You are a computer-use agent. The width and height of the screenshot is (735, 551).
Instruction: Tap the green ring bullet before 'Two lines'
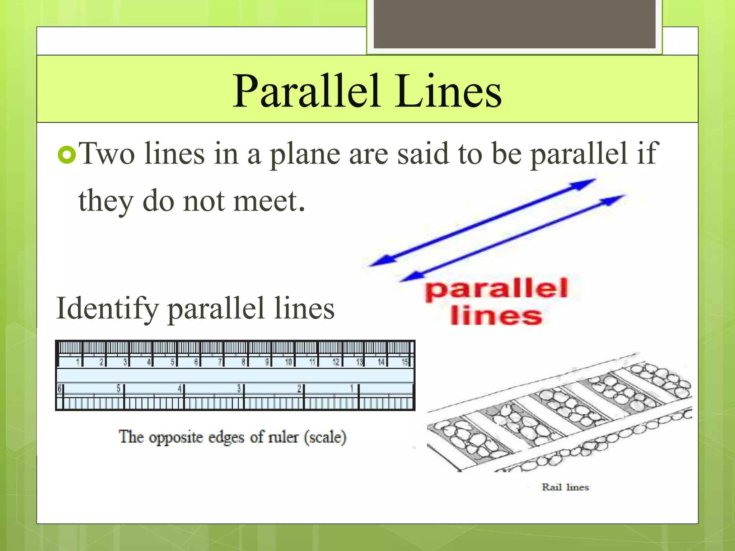click(x=67, y=155)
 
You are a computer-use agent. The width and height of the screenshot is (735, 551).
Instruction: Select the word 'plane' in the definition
click(x=305, y=155)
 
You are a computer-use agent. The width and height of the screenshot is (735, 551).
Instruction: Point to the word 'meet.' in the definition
click(x=269, y=201)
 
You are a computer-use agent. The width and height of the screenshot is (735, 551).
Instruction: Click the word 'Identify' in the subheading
click(x=107, y=309)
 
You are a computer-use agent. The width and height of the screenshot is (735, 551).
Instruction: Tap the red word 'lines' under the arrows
click(x=496, y=316)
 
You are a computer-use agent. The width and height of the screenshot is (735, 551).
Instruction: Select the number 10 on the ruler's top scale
click(x=289, y=362)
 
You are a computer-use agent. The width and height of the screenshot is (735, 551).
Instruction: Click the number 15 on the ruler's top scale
click(x=405, y=362)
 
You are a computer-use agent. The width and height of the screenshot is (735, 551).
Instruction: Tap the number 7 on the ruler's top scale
click(x=220, y=362)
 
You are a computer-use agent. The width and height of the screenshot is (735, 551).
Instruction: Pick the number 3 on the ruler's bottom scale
click(x=239, y=388)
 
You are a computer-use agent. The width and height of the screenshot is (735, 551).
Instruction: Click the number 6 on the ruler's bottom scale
click(x=60, y=388)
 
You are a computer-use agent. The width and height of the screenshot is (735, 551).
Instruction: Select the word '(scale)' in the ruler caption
click(x=325, y=437)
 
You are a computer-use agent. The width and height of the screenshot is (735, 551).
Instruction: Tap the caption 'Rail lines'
click(x=565, y=487)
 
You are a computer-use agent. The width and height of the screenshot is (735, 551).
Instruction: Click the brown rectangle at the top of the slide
click(x=515, y=24)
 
